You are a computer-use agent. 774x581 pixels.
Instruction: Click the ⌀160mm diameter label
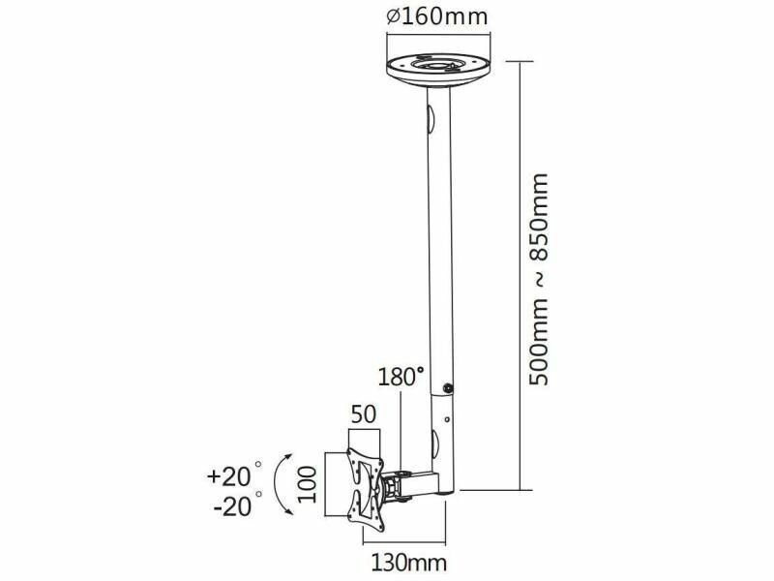click(x=437, y=16)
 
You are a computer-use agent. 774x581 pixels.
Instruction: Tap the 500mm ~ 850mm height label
click(x=539, y=279)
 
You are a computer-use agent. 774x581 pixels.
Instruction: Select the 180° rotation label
click(x=401, y=377)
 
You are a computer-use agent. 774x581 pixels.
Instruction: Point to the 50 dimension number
click(x=364, y=414)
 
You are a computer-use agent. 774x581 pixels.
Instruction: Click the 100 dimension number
click(x=308, y=484)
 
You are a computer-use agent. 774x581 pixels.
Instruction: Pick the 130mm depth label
click(x=408, y=563)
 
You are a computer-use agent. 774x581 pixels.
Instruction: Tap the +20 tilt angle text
click(x=228, y=476)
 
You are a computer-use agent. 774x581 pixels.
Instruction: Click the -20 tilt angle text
click(x=232, y=506)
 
